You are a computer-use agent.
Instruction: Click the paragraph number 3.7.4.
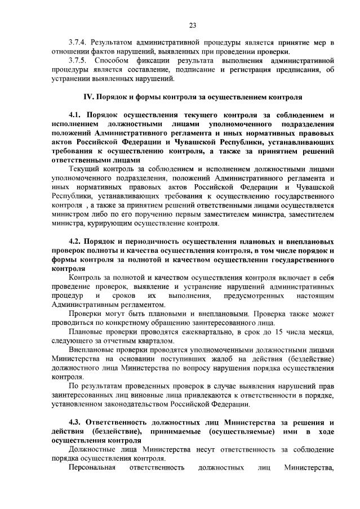[78, 42]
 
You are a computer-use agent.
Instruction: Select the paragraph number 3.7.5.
[78, 59]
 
